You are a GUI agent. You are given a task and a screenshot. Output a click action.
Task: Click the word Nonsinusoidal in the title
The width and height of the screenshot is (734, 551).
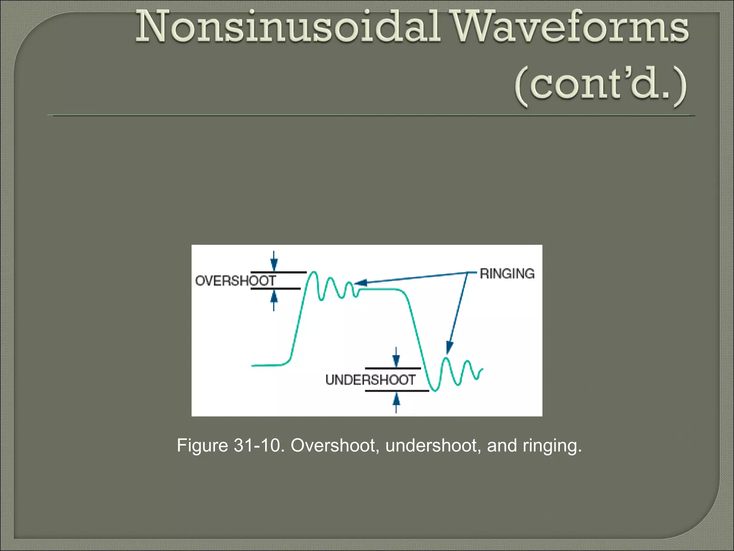(x=287, y=27)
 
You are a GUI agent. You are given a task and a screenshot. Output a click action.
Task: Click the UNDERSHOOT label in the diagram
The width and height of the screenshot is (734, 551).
(x=370, y=380)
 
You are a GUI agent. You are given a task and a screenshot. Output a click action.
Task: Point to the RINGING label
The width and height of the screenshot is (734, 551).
(x=507, y=274)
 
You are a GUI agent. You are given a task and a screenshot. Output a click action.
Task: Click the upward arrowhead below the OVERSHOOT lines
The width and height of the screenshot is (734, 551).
(x=274, y=296)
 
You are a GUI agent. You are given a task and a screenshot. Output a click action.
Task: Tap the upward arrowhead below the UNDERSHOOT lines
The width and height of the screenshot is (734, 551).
(x=396, y=398)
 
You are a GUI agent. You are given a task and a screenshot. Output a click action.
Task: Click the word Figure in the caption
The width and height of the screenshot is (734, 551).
(x=202, y=446)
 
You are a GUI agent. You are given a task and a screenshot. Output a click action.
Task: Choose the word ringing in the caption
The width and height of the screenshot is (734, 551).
(x=552, y=446)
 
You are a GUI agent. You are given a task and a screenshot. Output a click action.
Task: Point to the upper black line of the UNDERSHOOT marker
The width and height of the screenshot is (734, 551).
(x=393, y=368)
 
